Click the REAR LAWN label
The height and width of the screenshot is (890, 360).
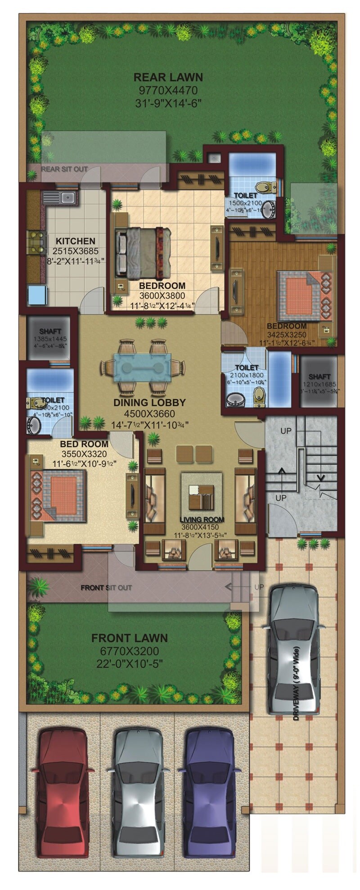168,77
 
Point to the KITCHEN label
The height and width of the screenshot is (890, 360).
75,241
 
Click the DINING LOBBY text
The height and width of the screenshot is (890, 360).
149,403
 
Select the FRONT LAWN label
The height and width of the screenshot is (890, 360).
130,638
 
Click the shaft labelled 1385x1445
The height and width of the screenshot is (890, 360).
50,338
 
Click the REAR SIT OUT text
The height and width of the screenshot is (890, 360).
64,169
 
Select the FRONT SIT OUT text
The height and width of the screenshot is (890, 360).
106,588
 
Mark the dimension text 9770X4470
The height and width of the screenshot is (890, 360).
168,90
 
